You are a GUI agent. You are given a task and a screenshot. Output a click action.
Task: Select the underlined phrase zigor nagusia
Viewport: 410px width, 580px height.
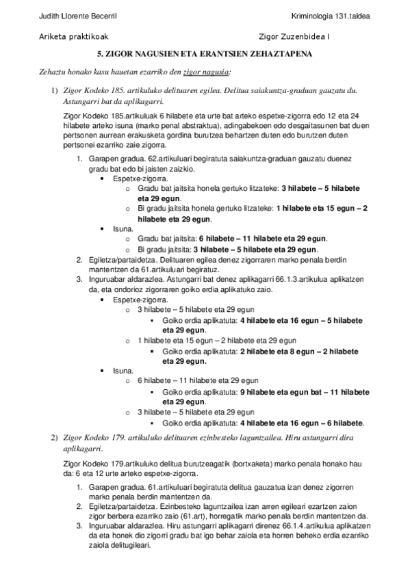click(x=207, y=70)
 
